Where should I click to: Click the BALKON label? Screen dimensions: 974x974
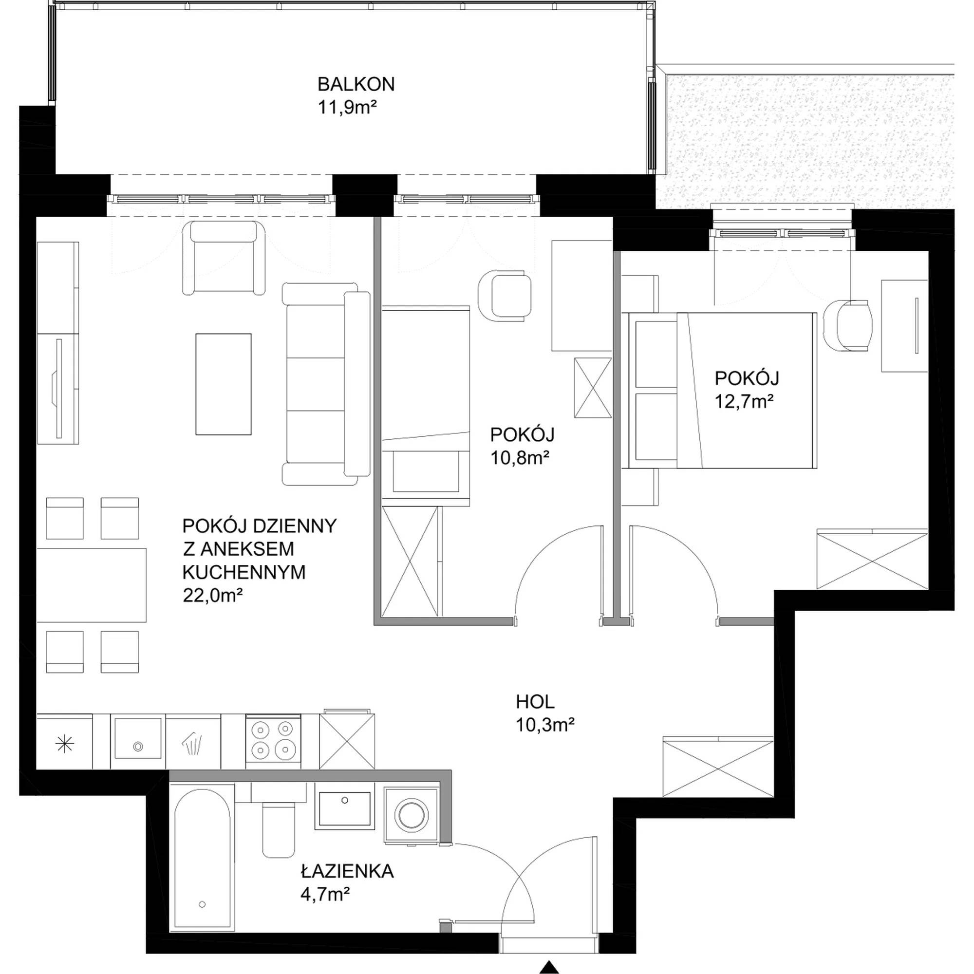(356, 84)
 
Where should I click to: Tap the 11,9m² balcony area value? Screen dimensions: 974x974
(347, 107)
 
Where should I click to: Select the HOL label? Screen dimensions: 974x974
(535, 701)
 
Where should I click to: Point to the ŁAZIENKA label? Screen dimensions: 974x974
(347, 871)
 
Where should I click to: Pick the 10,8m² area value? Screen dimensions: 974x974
(520, 457)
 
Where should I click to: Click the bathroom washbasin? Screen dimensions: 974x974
(344, 810)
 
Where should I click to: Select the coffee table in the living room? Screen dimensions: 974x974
(224, 384)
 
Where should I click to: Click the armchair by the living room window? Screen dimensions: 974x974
(224, 258)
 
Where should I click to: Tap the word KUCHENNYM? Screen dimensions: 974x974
(244, 572)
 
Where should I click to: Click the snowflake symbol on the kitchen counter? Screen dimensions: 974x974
(65, 744)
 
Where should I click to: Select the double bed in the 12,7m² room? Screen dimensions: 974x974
(720, 390)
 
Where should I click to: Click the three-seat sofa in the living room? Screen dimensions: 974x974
(326, 384)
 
